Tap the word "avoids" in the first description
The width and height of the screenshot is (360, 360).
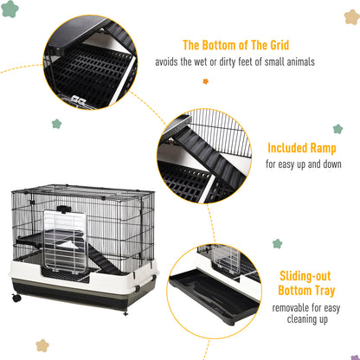(x=170, y=62)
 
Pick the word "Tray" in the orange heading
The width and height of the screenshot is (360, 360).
(x=327, y=291)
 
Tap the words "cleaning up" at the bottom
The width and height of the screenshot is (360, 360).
(x=308, y=318)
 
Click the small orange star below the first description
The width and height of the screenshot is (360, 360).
(x=205, y=81)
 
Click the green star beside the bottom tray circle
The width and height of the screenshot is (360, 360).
(x=277, y=244)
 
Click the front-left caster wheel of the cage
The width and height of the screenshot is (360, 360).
(x=16, y=299)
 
